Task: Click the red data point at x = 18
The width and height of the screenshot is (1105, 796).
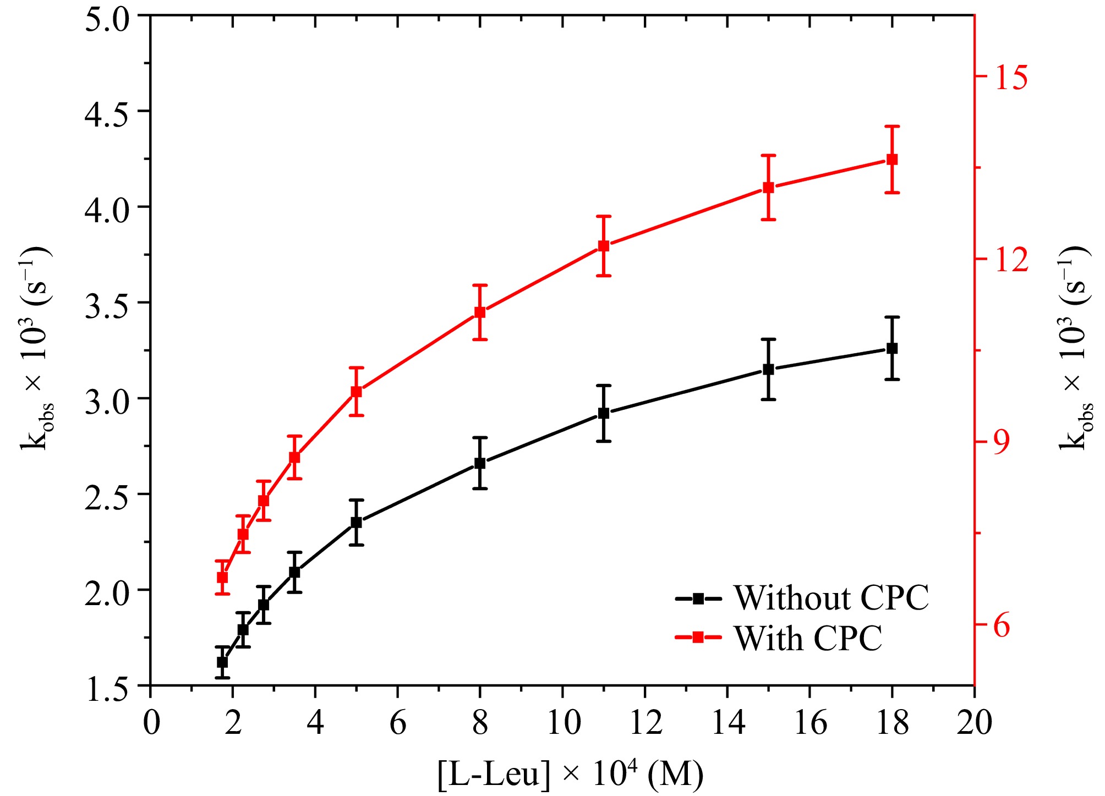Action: [892, 160]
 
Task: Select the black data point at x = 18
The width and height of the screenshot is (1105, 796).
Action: [892, 348]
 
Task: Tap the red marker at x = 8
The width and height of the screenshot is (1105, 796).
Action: [480, 312]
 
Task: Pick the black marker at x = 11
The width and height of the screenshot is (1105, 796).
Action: [604, 413]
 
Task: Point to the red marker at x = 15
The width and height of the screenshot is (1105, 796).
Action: [769, 188]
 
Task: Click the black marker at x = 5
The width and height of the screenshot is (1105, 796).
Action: [357, 522]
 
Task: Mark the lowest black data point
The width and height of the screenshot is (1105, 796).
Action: [222, 662]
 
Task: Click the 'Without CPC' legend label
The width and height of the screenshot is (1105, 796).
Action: [832, 598]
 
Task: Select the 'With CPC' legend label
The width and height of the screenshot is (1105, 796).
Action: [808, 639]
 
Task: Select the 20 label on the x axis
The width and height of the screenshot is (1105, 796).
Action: [974, 722]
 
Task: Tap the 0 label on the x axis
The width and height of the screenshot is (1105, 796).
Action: [151, 722]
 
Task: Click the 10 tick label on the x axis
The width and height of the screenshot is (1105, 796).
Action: [563, 722]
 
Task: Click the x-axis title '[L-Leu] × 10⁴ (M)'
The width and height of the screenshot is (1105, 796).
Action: [571, 775]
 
